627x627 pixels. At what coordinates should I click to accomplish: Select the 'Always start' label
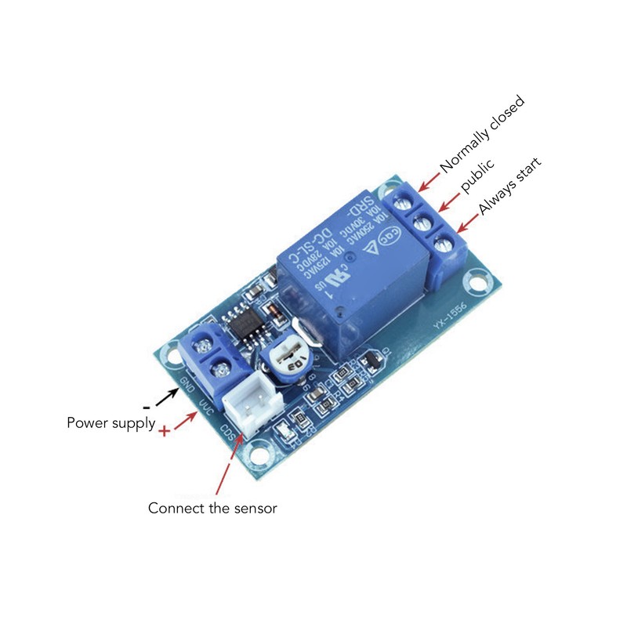click(510, 186)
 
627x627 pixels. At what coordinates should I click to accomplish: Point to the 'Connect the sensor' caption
click(213, 509)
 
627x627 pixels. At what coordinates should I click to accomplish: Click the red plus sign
click(165, 432)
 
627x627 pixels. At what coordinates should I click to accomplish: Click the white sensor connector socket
click(250, 406)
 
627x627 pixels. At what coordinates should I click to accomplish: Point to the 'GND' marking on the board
click(188, 385)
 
